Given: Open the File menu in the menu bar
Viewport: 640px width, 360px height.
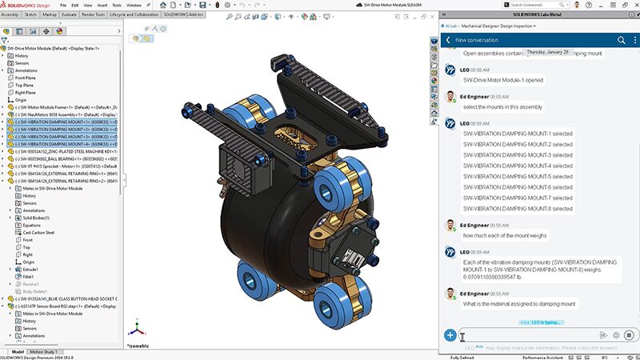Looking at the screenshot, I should pos(63,5).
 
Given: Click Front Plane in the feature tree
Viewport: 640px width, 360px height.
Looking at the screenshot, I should pos(26,78).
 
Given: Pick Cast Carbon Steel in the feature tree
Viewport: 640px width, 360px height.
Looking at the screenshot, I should pos(39,232).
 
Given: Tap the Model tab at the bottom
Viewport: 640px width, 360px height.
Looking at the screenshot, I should pos(17,351).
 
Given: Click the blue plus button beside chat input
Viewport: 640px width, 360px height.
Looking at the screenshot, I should pos(450,335).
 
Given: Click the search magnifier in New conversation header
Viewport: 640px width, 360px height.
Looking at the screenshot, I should pos(620,39).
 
